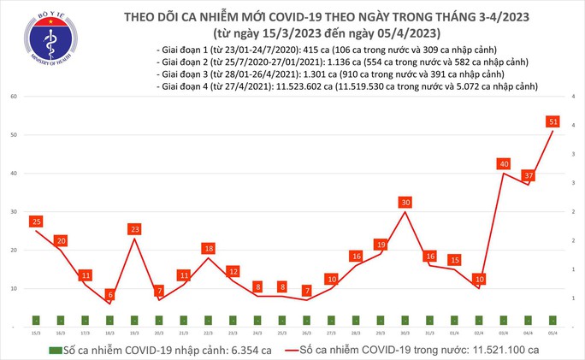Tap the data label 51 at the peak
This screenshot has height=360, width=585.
(553, 122)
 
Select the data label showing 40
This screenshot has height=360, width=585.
(505, 164)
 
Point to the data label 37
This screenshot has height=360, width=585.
(529, 175)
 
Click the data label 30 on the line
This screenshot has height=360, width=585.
(406, 203)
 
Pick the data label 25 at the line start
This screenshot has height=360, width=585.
(36, 222)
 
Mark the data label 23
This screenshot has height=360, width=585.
(134, 229)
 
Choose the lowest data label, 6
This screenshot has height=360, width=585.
(110, 295)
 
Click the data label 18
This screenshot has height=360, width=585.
(209, 249)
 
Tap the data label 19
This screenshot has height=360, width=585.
(381, 245)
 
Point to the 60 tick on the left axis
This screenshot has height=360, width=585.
(14, 97)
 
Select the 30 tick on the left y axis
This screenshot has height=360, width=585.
(14, 212)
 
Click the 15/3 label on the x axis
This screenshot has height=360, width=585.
(36, 333)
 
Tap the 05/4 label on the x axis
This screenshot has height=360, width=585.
(553, 333)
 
